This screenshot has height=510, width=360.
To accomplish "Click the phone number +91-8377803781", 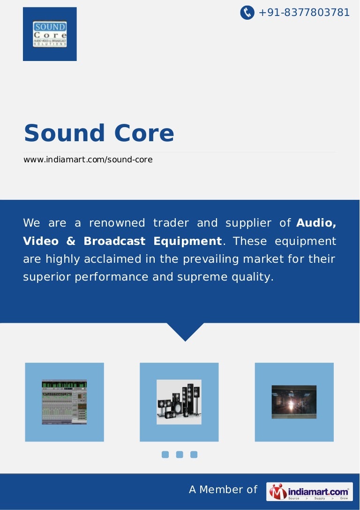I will (304, 13).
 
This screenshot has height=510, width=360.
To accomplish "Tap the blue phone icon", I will (247, 13).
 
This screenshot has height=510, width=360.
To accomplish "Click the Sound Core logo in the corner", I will (50, 34).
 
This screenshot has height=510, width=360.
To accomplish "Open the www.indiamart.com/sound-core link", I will (88, 160).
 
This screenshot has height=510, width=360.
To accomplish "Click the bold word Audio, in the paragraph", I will (316, 223).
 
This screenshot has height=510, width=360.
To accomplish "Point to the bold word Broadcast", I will (115, 241).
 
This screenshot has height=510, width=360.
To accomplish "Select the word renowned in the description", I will (117, 223).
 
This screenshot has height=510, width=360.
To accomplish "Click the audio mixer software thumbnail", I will (64, 402).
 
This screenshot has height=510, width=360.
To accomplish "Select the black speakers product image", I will (179, 402).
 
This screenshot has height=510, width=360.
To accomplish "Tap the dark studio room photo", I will (294, 402).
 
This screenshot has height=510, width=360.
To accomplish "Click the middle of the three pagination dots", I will (180, 454).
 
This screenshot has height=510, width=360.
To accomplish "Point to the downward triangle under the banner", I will (186, 330).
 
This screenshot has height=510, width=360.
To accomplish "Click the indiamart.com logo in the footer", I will (309, 492).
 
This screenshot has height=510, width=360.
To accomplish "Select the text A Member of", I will (223, 490).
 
